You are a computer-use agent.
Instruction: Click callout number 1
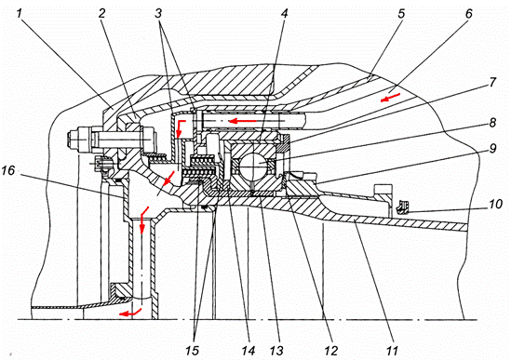pyautogui.click(x=20, y=14)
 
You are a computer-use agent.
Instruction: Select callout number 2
pyautogui.click(x=102, y=14)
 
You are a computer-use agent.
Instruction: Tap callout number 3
pyautogui.click(x=158, y=14)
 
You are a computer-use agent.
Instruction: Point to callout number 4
pyautogui.click(x=285, y=14)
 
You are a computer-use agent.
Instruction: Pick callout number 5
pyautogui.click(x=401, y=14)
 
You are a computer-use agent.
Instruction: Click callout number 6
pyautogui.click(x=468, y=14)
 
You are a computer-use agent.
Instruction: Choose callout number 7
pyautogui.click(x=492, y=83)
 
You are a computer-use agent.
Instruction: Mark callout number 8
pyautogui.click(x=492, y=123)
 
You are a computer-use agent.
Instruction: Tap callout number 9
pyautogui.click(x=492, y=149)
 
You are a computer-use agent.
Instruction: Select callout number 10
pyautogui.click(x=496, y=205)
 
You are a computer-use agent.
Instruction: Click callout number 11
pyautogui.click(x=392, y=351)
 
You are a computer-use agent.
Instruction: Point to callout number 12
pyautogui.click(x=331, y=351)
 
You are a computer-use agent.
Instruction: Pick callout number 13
pyautogui.click(x=276, y=351)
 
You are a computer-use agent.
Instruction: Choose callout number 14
pyautogui.click(x=248, y=351)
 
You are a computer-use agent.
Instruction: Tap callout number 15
pyautogui.click(x=192, y=351)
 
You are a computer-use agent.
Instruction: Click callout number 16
pyautogui.click(x=8, y=170)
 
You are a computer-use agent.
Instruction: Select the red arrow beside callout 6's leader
pyautogui.click(x=390, y=97)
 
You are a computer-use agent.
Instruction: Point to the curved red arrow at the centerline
pyautogui.click(x=130, y=312)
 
